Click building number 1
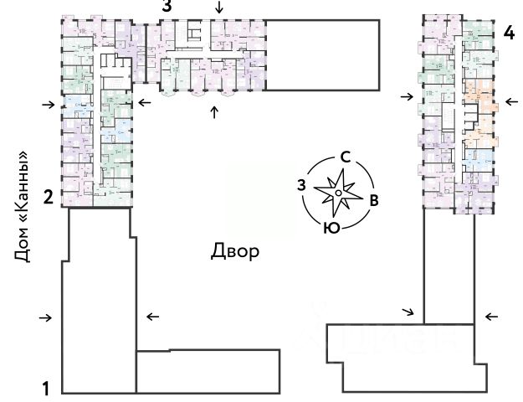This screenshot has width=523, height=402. click(48, 389)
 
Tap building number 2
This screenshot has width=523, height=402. click(49, 198)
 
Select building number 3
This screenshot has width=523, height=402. click(167, 7)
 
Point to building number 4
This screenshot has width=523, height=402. click(509, 33)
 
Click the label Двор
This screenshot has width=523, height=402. click(235, 250)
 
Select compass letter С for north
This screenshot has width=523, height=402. click(344, 157)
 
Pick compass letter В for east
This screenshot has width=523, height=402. click(376, 200)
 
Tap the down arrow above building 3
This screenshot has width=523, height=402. click(219, 8)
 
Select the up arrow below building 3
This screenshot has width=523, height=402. click(214, 112)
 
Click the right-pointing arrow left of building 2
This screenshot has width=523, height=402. click(47, 105)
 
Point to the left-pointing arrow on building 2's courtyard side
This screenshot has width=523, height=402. click(145, 103)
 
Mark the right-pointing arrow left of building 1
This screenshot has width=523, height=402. click(47, 317)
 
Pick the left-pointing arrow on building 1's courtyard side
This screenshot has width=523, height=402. click(152, 317)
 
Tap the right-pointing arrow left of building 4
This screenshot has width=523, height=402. click(407, 97)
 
